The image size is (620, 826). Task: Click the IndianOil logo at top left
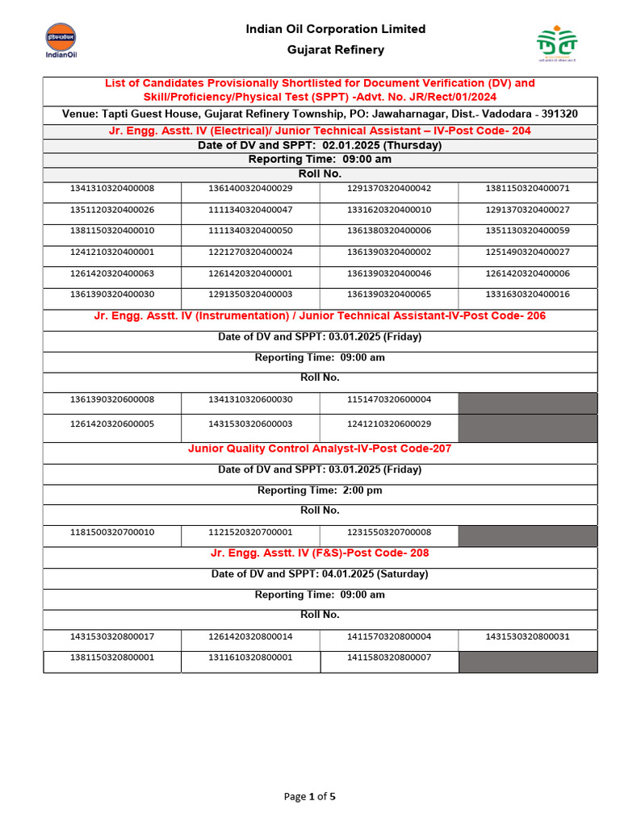[x=60, y=41]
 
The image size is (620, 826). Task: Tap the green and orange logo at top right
[x=557, y=45]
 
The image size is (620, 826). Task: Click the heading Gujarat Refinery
[x=336, y=50]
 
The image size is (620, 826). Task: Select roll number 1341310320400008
[x=112, y=189]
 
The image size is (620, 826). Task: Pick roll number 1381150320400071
[x=527, y=189]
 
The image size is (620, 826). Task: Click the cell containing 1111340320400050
[x=250, y=231]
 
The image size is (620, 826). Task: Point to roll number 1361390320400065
[x=389, y=294]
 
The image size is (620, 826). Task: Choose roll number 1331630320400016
[x=527, y=294]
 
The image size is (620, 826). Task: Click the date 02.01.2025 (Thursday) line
[x=320, y=146]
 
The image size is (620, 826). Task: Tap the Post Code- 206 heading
[x=320, y=316]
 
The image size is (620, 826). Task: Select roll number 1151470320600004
[x=389, y=400]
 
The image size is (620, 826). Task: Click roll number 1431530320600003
[x=250, y=424]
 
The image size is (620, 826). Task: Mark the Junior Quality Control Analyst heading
[x=320, y=448]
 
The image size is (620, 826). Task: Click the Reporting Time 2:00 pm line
[x=320, y=490]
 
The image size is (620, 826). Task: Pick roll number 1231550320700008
[x=389, y=533]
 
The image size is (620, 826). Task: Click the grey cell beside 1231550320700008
[x=528, y=535]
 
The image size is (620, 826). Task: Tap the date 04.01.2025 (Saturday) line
[x=320, y=574]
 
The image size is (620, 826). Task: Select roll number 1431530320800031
[x=527, y=636]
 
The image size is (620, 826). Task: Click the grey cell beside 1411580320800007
[x=528, y=661]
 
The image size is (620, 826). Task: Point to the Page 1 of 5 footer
[x=309, y=797]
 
